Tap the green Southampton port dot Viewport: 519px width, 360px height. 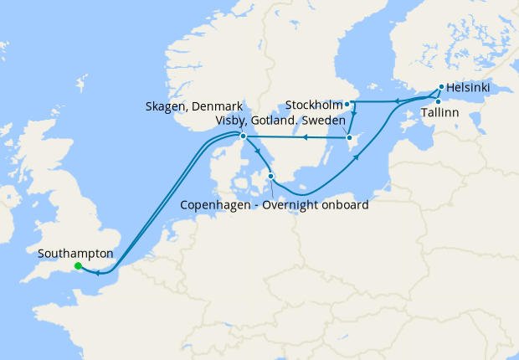click(x=78, y=266)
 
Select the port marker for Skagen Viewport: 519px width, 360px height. click(x=243, y=136)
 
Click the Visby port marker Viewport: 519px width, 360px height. click(x=349, y=137)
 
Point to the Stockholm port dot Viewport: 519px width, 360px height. click(x=347, y=105)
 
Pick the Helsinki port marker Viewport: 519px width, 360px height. click(x=441, y=86)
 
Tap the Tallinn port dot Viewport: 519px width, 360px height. click(x=438, y=101)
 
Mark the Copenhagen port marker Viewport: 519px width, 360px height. click(x=270, y=176)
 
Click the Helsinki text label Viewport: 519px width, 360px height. click(x=468, y=87)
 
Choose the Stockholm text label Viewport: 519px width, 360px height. click(x=314, y=105)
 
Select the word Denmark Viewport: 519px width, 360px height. click(x=218, y=107)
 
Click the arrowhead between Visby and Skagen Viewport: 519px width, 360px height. click(x=306, y=137)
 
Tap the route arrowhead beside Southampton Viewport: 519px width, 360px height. click(x=97, y=272)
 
